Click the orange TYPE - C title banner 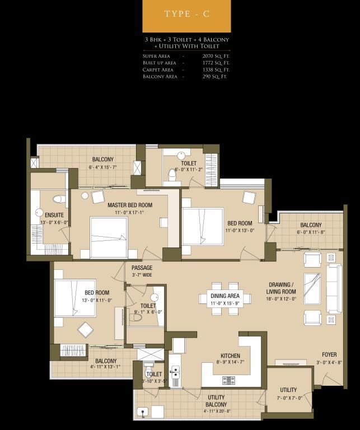pyautogui.click(x=186, y=16)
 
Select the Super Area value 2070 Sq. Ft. pyautogui.click(x=216, y=56)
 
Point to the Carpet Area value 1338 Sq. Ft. pyautogui.click(x=216, y=70)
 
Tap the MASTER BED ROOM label pyautogui.click(x=130, y=205)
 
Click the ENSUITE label pyautogui.click(x=54, y=215)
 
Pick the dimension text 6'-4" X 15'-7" pyautogui.click(x=103, y=167)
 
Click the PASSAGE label pyautogui.click(x=142, y=268)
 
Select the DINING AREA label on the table pyautogui.click(x=225, y=296)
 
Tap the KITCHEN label pyautogui.click(x=230, y=356)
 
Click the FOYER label pyautogui.click(x=329, y=354)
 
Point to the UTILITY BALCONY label pyautogui.click(x=216, y=401)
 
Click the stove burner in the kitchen pyautogui.click(x=228, y=380)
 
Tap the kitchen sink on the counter pyautogui.click(x=175, y=373)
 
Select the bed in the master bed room pyautogui.click(x=109, y=238)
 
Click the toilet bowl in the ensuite pyautogui.click(x=59, y=199)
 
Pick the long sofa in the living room pyautogui.click(x=334, y=288)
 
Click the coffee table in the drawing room pyautogui.click(x=312, y=288)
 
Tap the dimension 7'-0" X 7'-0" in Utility pyautogui.click(x=288, y=398)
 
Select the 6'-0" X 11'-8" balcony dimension pyautogui.click(x=311, y=232)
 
